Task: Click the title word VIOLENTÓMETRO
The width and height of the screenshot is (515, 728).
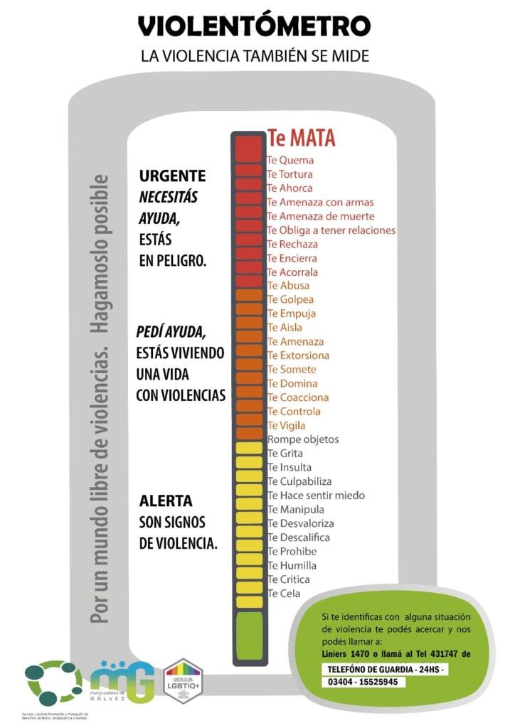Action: click(x=254, y=26)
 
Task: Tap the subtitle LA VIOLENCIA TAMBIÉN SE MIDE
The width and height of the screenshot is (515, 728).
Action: click(x=254, y=55)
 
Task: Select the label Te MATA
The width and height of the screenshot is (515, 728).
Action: click(x=301, y=138)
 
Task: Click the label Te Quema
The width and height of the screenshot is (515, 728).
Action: click(x=290, y=161)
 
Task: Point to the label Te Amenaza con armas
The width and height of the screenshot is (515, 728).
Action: click(x=319, y=203)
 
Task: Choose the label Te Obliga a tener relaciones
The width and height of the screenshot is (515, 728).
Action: click(x=331, y=230)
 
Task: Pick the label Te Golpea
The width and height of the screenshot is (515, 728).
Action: click(x=290, y=300)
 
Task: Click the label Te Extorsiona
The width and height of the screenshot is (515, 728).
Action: click(x=298, y=355)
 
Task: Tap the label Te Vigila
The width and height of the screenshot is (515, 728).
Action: click(x=286, y=426)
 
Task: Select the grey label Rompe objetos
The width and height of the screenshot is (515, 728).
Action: click(x=303, y=439)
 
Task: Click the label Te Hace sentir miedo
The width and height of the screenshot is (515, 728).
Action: click(x=316, y=496)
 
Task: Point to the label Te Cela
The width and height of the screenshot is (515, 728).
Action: click(x=284, y=594)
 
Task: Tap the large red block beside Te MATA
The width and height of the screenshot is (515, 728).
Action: click(x=248, y=148)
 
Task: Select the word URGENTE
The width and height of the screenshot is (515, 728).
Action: click(x=172, y=176)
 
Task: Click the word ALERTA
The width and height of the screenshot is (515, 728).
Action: click(x=166, y=501)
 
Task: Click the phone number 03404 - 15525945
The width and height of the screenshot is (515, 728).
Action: click(x=364, y=682)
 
